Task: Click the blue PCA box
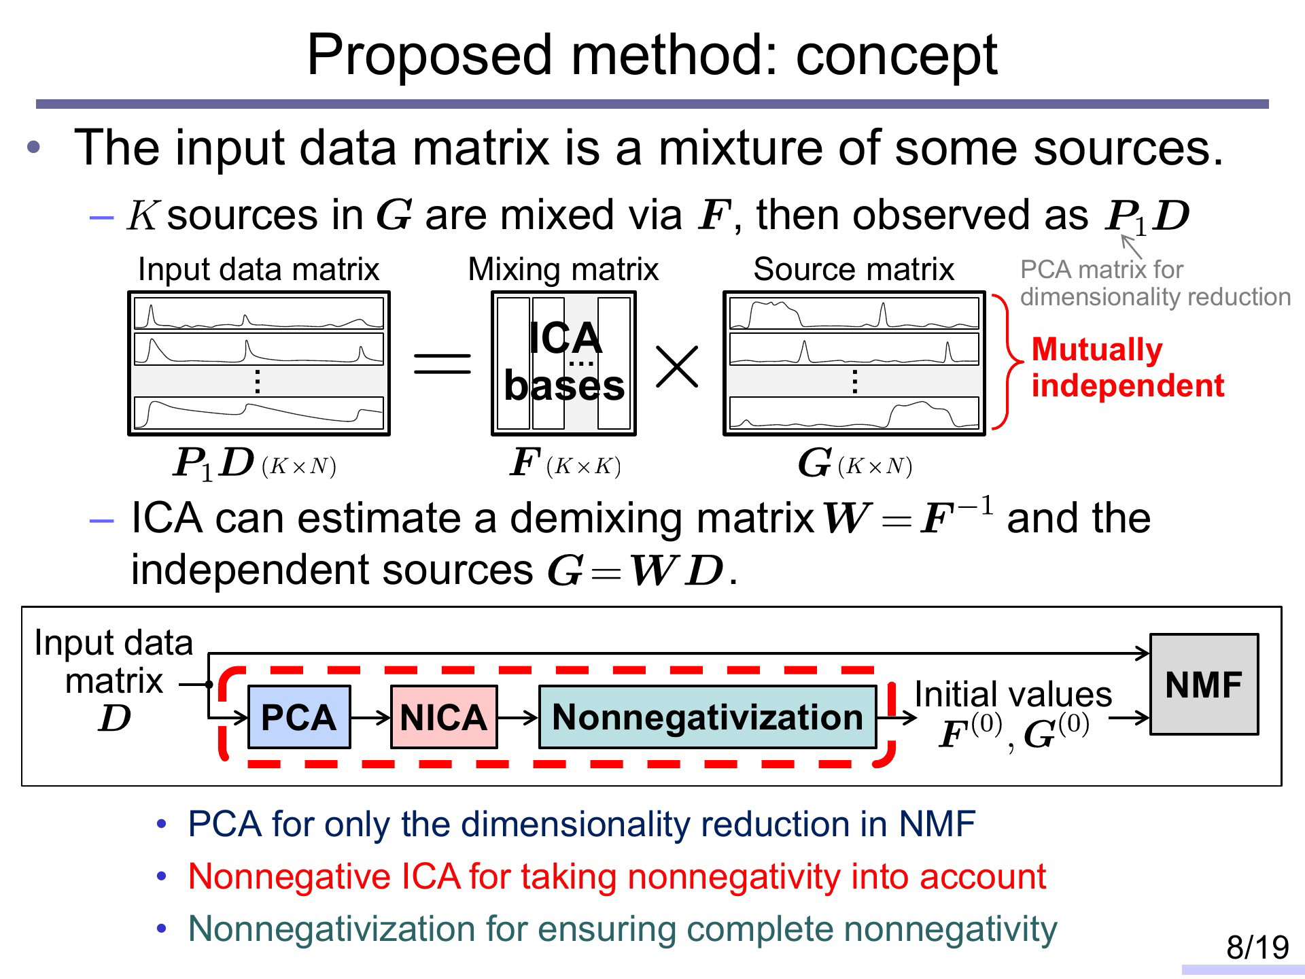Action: click(299, 717)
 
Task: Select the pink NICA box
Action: click(444, 717)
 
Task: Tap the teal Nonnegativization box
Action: click(708, 717)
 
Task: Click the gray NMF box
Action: click(1204, 685)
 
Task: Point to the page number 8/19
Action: click(1257, 947)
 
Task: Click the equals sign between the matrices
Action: click(442, 364)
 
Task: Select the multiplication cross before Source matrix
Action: click(677, 367)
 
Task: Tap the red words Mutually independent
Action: click(1128, 367)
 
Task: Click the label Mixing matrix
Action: click(563, 269)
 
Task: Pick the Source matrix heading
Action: click(854, 269)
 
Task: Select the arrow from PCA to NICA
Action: click(370, 717)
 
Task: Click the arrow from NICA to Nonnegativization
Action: click(518, 717)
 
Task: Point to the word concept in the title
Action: click(897, 56)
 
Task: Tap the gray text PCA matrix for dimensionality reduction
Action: click(1155, 284)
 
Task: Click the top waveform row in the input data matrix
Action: click(259, 313)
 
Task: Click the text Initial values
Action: click(1013, 694)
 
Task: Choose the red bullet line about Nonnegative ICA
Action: click(617, 876)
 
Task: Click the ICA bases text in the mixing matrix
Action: click(564, 362)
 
